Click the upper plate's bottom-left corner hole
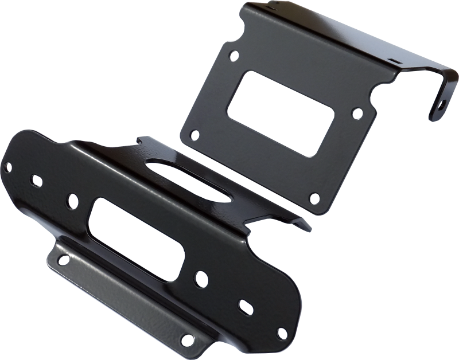pyautogui.click(x=195, y=135)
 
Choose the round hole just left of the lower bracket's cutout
pyautogui.click(x=73, y=200)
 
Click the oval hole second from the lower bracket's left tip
pyautogui.click(x=36, y=181)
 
